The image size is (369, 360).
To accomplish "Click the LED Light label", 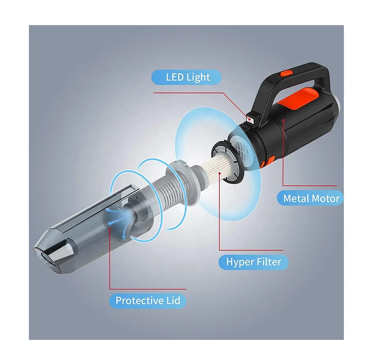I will (x=187, y=77).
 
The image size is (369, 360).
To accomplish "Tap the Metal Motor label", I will (x=312, y=199).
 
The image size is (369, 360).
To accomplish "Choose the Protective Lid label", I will (x=148, y=301).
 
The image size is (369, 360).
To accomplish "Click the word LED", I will (x=175, y=77).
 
